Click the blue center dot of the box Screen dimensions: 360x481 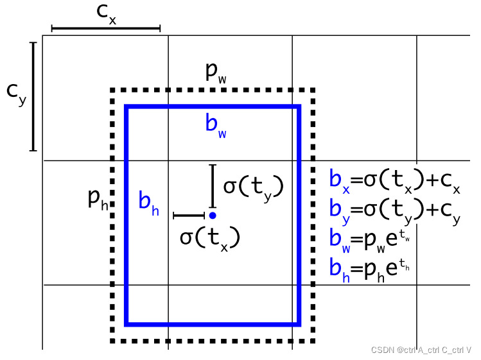pyautogui.click(x=212, y=216)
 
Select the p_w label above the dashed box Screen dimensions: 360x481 pyautogui.click(x=216, y=72)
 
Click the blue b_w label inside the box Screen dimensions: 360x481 pyautogui.click(x=216, y=124)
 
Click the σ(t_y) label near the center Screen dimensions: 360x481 pyautogui.click(x=253, y=187)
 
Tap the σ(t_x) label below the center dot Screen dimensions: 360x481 pyautogui.click(x=209, y=237)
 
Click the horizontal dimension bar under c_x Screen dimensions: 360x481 pyautogui.click(x=105, y=29)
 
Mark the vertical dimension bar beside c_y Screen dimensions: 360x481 pyautogui.click(x=33, y=96)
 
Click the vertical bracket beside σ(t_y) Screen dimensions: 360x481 pyautogui.click(x=212, y=185)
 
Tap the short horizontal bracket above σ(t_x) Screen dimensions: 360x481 pyautogui.click(x=188, y=216)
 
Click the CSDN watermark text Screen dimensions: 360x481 pyautogui.click(x=421, y=350)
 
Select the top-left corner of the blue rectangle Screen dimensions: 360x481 pyautogui.click(x=127, y=107)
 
